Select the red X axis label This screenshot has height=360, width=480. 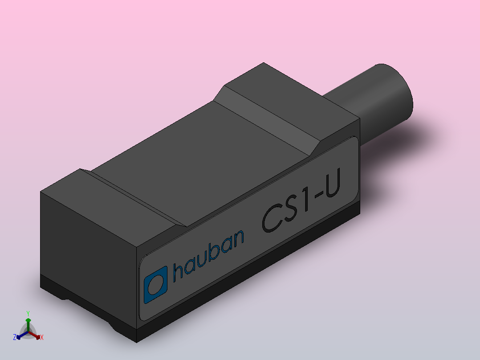41,338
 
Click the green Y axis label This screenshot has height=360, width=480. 28,313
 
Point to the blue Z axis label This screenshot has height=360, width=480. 15,337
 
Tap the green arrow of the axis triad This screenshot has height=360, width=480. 28,323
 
